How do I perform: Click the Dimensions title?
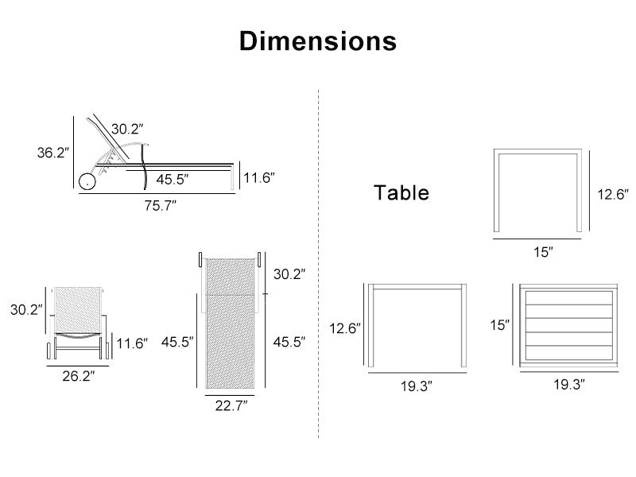318,41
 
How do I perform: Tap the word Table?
401,192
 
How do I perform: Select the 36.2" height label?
53,153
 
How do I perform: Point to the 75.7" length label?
161,206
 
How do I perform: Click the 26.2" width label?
78,376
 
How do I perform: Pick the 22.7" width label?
231,405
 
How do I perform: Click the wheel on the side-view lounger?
87,182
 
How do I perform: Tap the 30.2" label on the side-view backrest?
127,129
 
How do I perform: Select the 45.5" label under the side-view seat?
173,180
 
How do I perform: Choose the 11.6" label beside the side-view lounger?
259,177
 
